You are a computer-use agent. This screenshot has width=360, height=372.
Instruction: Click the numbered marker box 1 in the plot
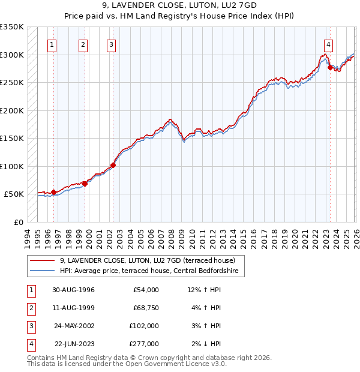click(52, 44)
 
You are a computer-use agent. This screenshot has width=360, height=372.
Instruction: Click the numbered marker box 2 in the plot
click(83, 44)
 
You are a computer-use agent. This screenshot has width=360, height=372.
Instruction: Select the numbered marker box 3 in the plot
click(112, 44)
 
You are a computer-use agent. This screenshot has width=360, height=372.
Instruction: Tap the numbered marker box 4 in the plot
click(329, 44)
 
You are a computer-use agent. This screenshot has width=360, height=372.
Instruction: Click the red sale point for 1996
click(54, 192)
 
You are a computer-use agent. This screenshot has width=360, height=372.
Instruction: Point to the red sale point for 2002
click(113, 166)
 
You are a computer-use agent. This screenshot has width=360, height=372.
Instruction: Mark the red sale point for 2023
click(330, 68)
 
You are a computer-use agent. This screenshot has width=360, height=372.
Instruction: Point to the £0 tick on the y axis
click(19, 222)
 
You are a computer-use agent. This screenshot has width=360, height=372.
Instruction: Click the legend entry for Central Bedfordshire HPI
click(149, 271)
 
